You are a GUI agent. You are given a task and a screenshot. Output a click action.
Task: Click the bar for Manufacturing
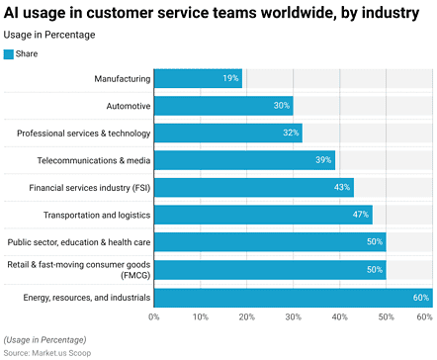pyautogui.click(x=198, y=78)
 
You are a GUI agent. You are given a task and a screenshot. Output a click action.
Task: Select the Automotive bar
pyautogui.click(x=223, y=106)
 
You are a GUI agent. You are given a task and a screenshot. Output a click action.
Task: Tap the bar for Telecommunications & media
pyautogui.click(x=244, y=160)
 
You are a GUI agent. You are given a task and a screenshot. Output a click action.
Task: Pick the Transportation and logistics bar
pyautogui.click(x=263, y=215)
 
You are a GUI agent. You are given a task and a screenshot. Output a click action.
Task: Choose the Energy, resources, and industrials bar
pyautogui.click(x=293, y=297)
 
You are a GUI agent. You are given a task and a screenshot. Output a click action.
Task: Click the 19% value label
pyautogui.click(x=230, y=78)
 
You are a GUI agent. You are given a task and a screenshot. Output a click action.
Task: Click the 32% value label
pyautogui.click(x=291, y=134)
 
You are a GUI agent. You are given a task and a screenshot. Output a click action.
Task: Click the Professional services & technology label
pyautogui.click(x=84, y=134)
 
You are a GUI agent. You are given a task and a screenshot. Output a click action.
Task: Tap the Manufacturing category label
pyautogui.click(x=123, y=78)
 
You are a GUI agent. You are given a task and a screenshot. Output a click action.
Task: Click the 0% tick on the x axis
pyautogui.click(x=154, y=316)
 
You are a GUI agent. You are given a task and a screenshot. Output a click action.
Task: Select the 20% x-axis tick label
pyautogui.click(x=246, y=316)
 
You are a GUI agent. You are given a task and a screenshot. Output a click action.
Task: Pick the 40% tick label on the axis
pyautogui.click(x=339, y=316)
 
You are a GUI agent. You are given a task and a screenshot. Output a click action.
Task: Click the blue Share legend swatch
pyautogui.click(x=10, y=53)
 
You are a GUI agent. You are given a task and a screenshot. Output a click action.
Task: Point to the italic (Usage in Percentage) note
pyautogui.click(x=48, y=339)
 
